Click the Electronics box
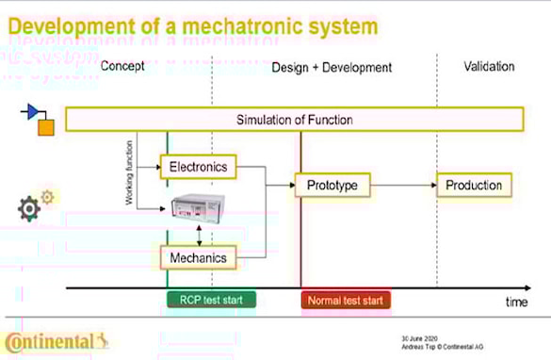click(198, 167)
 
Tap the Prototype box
click(332, 185)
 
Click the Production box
click(474, 185)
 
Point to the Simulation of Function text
click(294, 120)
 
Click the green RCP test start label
click(211, 301)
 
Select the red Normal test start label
click(346, 301)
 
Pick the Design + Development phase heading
click(332, 67)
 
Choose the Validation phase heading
click(489, 67)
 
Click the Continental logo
click(57, 340)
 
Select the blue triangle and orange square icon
click(39, 119)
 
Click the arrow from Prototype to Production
click(402, 185)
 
